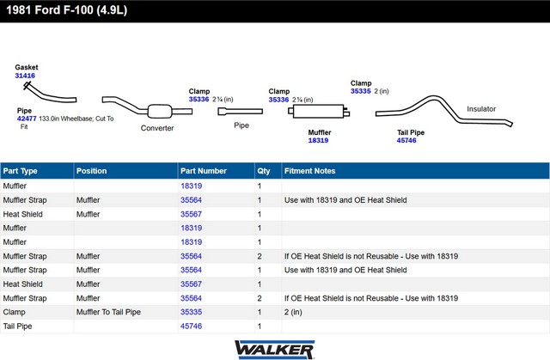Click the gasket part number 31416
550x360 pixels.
(x=25, y=76)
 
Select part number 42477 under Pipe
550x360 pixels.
(x=27, y=119)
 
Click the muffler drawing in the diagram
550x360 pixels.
(x=319, y=112)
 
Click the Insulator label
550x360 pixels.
(x=481, y=109)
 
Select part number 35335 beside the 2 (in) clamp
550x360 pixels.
(x=361, y=91)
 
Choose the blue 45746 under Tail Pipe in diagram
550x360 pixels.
(x=406, y=141)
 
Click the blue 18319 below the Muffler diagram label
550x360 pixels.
(x=318, y=141)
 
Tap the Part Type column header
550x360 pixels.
(x=20, y=171)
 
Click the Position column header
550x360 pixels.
(x=92, y=171)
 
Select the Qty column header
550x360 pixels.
(x=264, y=171)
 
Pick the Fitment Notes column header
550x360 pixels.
(x=309, y=171)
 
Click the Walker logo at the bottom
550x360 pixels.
(x=275, y=350)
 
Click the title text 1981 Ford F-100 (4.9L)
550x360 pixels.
(x=67, y=10)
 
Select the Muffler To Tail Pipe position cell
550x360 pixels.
(x=108, y=312)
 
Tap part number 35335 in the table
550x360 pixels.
(x=191, y=312)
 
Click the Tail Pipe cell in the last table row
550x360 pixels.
(x=17, y=326)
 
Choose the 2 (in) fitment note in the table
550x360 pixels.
(x=293, y=312)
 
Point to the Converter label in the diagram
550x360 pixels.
(x=157, y=128)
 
